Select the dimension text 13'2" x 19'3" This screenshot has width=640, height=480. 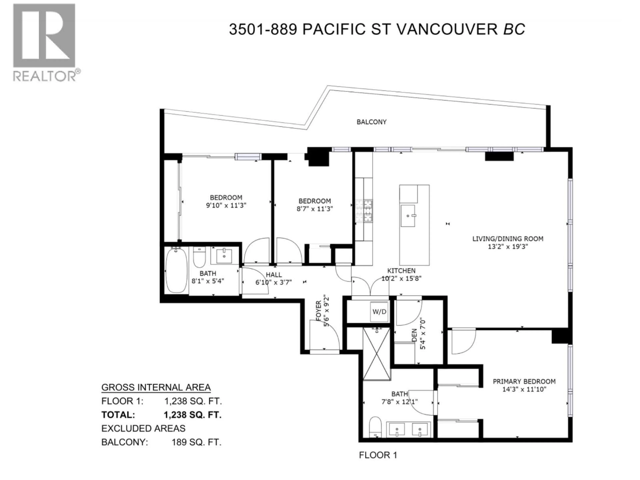point(508,246)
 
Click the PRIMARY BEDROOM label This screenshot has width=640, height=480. point(524,381)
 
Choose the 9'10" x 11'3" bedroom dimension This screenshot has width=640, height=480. point(226,205)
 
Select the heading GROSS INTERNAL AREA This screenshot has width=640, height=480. point(156,387)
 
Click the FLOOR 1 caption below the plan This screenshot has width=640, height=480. point(378,455)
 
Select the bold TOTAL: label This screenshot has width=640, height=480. point(118,415)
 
